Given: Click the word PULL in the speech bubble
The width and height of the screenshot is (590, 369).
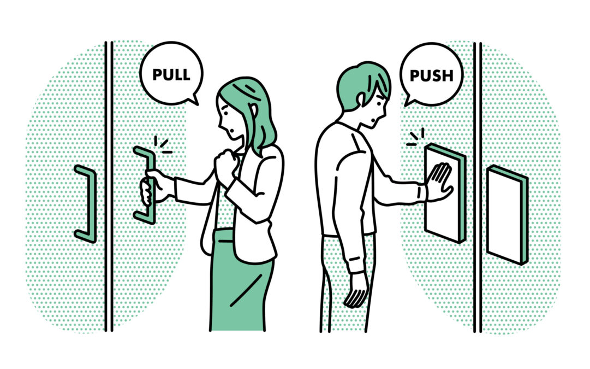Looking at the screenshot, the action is pyautogui.click(x=171, y=75).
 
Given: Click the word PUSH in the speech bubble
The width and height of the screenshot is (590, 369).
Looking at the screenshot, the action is pyautogui.click(x=431, y=76).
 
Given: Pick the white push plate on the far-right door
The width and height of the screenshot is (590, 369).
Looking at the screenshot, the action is pyautogui.click(x=507, y=215).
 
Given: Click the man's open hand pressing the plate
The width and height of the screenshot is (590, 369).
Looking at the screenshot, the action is pyautogui.click(x=439, y=181).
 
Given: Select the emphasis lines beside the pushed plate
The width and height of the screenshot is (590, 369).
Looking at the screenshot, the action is pyautogui.click(x=416, y=137).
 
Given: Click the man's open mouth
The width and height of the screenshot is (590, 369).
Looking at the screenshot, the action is pyautogui.click(x=373, y=121).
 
